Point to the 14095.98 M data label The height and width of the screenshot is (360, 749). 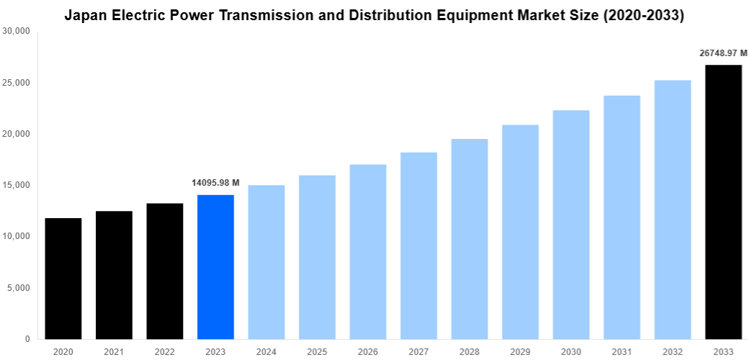215,183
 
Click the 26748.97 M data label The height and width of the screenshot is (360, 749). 723,53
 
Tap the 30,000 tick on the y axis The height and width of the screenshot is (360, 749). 16,32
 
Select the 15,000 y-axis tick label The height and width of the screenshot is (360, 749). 16,185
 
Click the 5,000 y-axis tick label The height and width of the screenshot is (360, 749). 18,288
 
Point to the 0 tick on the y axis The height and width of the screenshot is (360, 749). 27,339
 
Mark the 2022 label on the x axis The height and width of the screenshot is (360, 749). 164,351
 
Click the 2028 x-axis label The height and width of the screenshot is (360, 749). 469,351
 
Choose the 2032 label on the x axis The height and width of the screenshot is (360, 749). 672,351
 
